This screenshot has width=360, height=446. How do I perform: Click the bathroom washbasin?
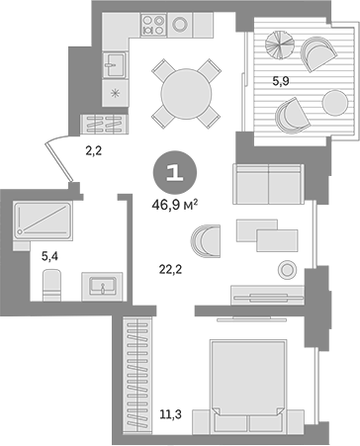click(x=102, y=286)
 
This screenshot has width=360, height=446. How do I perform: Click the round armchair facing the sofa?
click(x=209, y=239)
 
